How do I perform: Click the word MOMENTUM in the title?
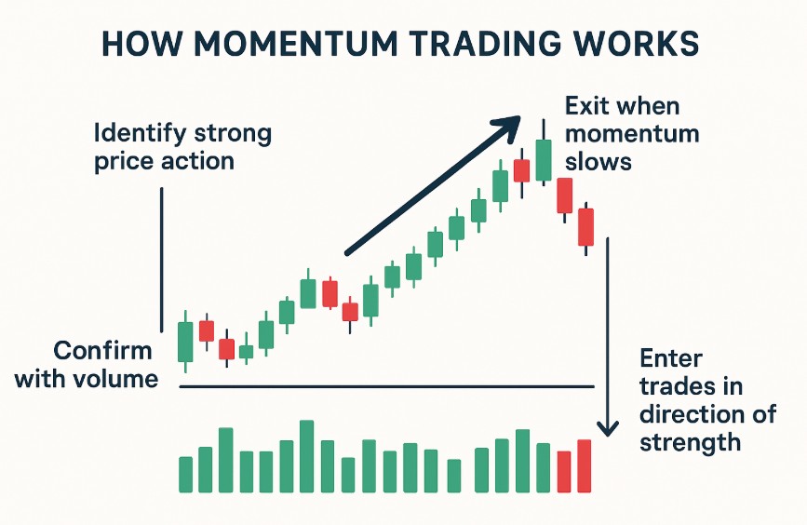pos(278,47)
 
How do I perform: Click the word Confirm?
pos(102,351)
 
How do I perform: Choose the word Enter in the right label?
pos(671,358)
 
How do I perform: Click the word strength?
pos(691,441)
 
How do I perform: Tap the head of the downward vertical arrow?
pos(607,429)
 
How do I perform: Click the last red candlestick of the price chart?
pos(585,227)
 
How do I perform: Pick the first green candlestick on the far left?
pos(185,342)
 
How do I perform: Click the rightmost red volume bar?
pos(585,465)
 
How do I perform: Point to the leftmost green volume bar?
pos(185,474)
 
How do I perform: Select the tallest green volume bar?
pos(307,456)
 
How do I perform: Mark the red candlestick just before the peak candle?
pos(522,170)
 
